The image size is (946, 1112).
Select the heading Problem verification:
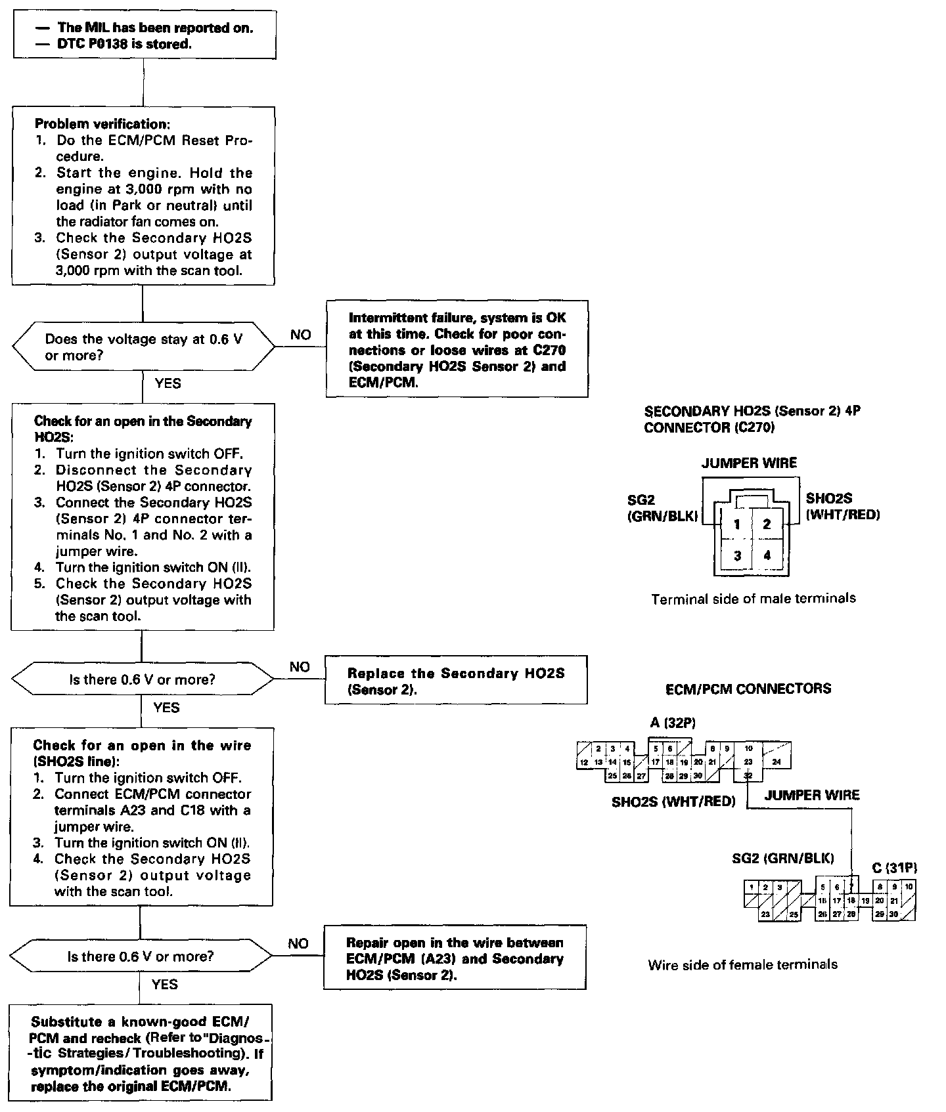click(101, 124)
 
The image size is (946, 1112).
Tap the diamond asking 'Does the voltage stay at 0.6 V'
click(143, 347)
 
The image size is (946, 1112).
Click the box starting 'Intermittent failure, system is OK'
click(457, 349)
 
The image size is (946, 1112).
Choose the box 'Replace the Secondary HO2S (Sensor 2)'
click(456, 681)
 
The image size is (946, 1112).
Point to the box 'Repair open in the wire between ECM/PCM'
click(455, 958)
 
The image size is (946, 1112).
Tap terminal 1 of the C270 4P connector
click(737, 524)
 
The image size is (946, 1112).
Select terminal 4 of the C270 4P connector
click(767, 555)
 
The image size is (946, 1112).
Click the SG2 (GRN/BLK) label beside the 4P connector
click(662, 508)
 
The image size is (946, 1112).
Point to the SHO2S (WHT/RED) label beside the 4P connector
click(843, 506)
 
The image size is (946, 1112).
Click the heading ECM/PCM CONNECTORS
click(748, 689)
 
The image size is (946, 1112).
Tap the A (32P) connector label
click(673, 723)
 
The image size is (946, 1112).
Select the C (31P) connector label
click(894, 868)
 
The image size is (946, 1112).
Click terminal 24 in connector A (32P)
click(777, 761)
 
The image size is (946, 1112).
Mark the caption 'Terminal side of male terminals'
click(754, 599)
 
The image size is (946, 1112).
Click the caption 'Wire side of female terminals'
click(742, 964)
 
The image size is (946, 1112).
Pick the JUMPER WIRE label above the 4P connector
click(749, 463)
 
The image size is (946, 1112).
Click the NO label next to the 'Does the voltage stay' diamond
click(301, 335)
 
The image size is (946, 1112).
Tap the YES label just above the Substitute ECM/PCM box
click(164, 984)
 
